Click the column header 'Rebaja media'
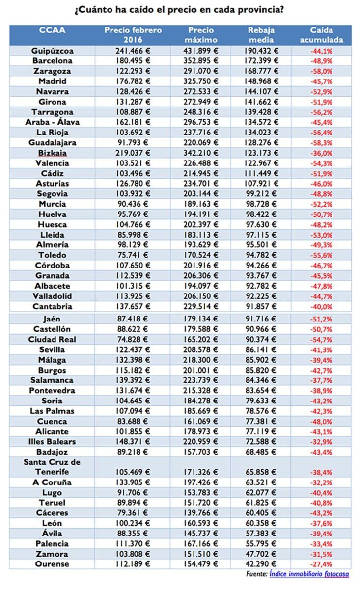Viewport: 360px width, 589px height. coord(261,35)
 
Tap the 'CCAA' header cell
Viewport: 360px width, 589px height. coord(52,30)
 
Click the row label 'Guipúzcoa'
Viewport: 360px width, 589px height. coord(52,51)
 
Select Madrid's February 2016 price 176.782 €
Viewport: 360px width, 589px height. coord(133,81)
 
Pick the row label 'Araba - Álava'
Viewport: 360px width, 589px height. coord(52,122)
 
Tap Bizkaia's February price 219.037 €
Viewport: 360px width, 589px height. coord(133,153)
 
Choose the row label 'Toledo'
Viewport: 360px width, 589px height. coord(52,255)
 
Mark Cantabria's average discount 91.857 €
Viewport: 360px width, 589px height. coord(261,306)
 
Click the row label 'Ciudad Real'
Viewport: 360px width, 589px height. coord(52,339)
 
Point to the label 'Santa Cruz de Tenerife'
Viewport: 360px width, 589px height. coord(52,467)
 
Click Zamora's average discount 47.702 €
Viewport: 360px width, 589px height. coord(261,554)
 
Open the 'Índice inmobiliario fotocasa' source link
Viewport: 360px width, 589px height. coord(309,574)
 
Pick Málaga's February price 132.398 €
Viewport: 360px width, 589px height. coord(133,360)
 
